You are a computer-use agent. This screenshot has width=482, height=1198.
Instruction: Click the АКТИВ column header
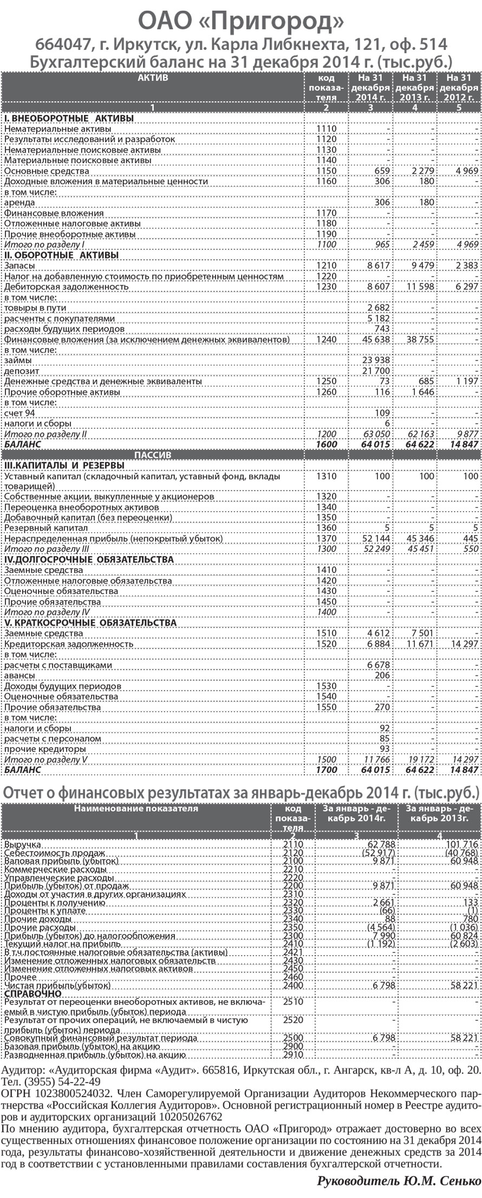[153, 78]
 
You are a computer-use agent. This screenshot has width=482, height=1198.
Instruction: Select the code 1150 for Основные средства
[327, 171]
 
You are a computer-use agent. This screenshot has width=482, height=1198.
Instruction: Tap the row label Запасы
[20, 266]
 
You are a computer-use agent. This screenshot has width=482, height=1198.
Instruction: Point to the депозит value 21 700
[376, 371]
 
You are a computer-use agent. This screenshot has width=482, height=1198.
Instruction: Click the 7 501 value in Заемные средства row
[421, 633]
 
